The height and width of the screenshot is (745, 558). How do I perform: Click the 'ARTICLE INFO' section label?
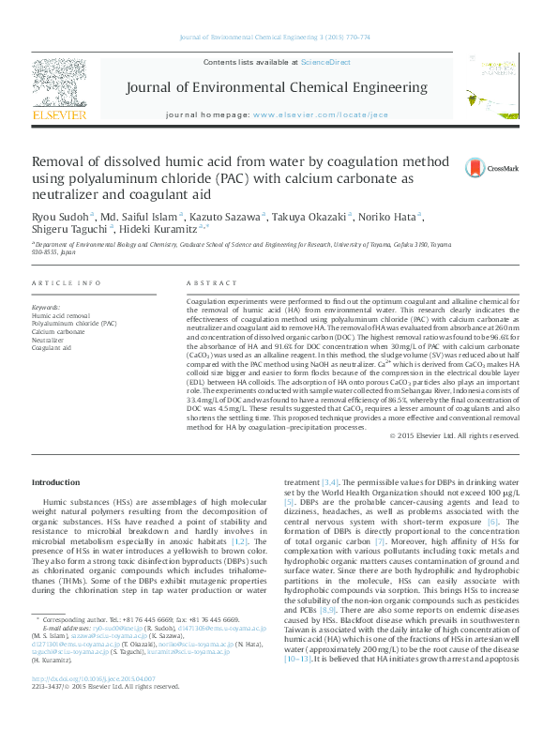tap(66, 283)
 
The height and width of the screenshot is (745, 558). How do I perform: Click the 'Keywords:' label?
tap(46, 308)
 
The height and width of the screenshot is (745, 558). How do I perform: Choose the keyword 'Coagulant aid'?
tap(52, 347)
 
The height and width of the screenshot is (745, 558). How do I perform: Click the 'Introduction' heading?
tap(56, 482)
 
